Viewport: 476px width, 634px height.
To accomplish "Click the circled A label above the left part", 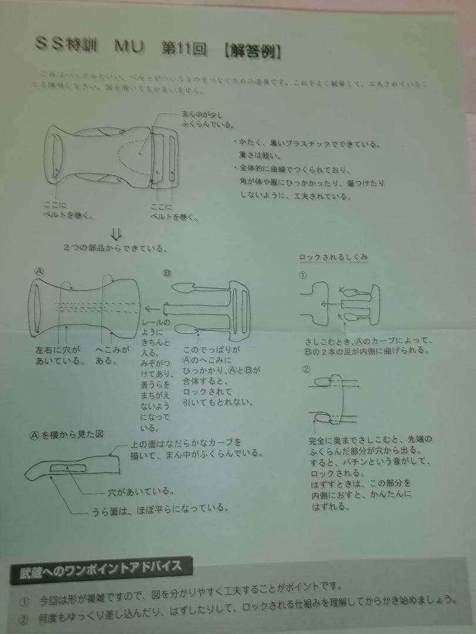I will (39, 271).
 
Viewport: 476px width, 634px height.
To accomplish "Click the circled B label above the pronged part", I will (166, 274).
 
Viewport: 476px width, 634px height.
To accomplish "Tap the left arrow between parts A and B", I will (153, 308).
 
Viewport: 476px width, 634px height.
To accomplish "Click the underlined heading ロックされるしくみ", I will (334, 257).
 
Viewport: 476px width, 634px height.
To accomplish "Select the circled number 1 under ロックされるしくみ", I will (303, 275).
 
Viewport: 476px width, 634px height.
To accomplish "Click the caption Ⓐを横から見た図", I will (67, 434).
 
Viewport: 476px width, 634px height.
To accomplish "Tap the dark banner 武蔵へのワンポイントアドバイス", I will (101, 568).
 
